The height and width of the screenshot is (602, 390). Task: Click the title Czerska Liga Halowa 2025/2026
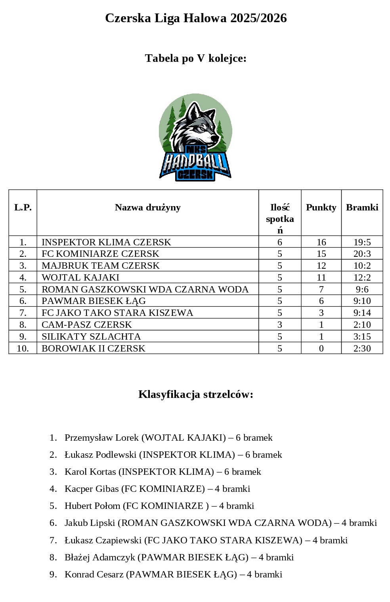[195, 18]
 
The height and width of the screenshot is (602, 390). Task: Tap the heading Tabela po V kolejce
[195, 58]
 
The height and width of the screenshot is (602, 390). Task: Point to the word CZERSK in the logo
[195, 174]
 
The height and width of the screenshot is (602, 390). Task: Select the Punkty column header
[321, 207]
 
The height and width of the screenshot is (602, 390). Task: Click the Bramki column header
[362, 207]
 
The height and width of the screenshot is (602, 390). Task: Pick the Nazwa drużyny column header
[147, 207]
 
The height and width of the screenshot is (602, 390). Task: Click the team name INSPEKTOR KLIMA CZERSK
[106, 242]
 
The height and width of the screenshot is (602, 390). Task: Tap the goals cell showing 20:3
[362, 254]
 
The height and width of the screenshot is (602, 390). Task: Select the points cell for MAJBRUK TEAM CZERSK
[321, 266]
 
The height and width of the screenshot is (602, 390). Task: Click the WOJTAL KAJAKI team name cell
[80, 277]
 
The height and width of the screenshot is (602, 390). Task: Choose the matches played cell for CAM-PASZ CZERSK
[280, 325]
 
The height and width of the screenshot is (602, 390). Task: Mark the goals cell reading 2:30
[362, 348]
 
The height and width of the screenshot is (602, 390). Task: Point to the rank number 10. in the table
[23, 348]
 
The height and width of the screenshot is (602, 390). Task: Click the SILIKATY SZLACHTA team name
[91, 336]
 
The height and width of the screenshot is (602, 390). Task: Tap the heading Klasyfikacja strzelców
[195, 394]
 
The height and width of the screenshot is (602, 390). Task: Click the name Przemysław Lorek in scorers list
[101, 438]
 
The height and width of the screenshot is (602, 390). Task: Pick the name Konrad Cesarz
[94, 574]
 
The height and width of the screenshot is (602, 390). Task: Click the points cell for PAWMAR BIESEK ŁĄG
[321, 301]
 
